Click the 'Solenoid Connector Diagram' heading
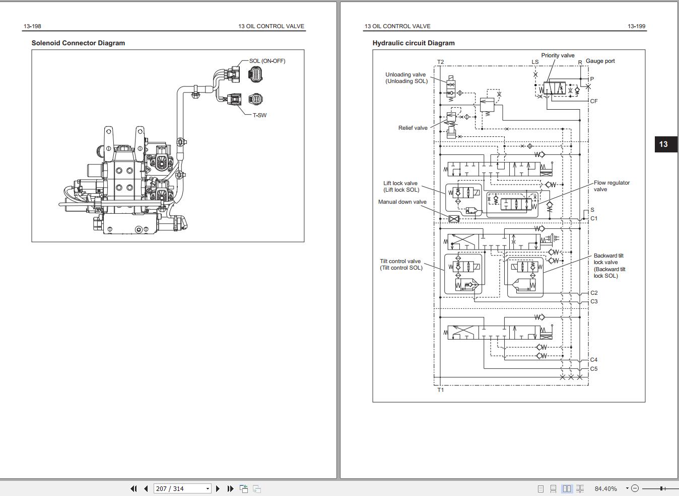tap(78, 43)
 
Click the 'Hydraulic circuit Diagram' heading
tap(414, 43)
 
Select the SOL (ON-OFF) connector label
tap(267, 61)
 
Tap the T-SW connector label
tap(259, 115)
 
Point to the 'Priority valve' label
tap(558, 55)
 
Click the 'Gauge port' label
tap(600, 61)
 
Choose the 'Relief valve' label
tap(413, 128)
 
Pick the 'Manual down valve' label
tap(402, 202)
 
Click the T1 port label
tap(440, 390)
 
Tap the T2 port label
tap(440, 62)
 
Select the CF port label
tap(594, 101)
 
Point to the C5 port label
tap(594, 369)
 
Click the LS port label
tap(535, 62)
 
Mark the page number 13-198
tap(32, 26)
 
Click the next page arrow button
tap(218, 488)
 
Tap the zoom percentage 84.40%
tap(605, 488)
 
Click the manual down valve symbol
tap(454, 219)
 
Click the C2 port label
tap(594, 293)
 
